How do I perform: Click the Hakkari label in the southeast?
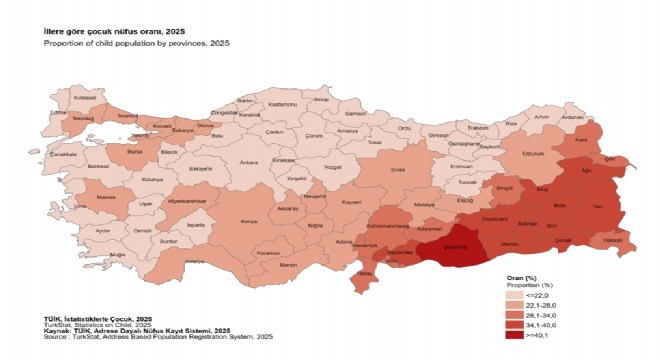point(613,241)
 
